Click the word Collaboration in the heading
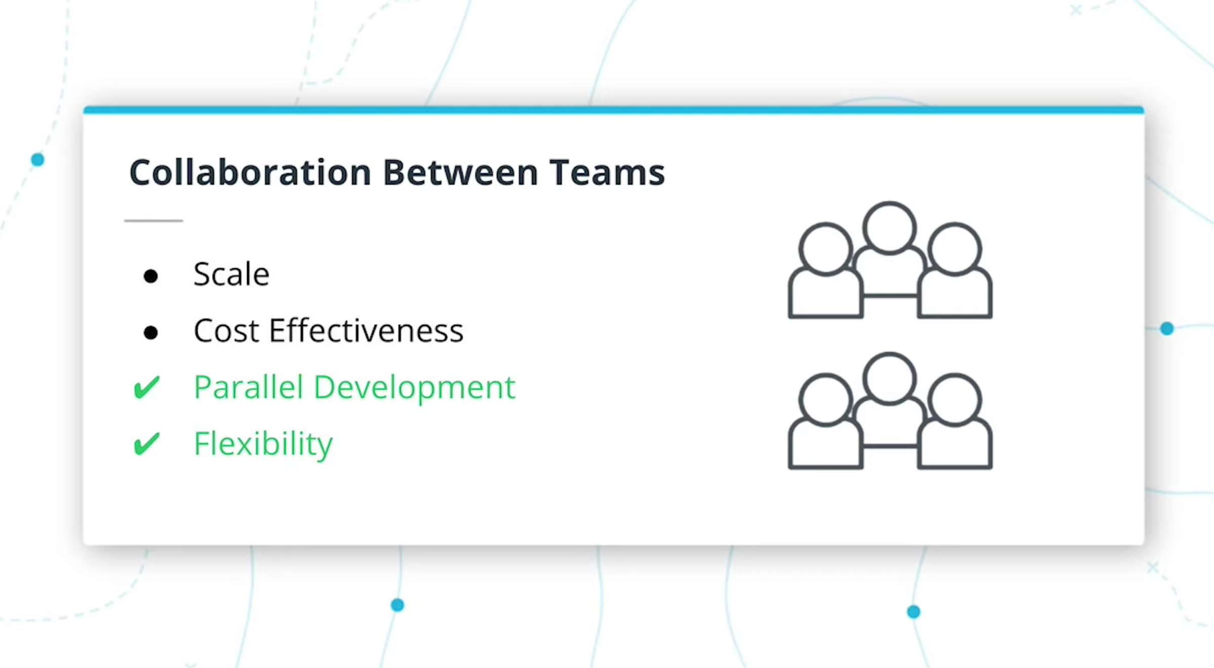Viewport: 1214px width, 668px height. (x=250, y=172)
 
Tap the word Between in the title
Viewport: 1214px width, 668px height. (x=460, y=172)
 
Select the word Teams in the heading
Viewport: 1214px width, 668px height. (x=607, y=172)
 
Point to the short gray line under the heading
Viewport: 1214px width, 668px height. (x=154, y=220)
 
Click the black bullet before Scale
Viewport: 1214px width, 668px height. (x=151, y=276)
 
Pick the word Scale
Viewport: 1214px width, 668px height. (x=231, y=274)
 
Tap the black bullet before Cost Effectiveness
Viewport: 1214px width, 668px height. (x=151, y=332)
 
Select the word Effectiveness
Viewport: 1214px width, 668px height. (x=366, y=331)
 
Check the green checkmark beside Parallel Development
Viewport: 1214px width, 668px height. (x=147, y=388)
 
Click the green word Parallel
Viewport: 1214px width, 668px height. (x=248, y=388)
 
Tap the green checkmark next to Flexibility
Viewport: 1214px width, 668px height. (x=147, y=444)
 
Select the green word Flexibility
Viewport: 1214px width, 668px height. (x=263, y=445)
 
